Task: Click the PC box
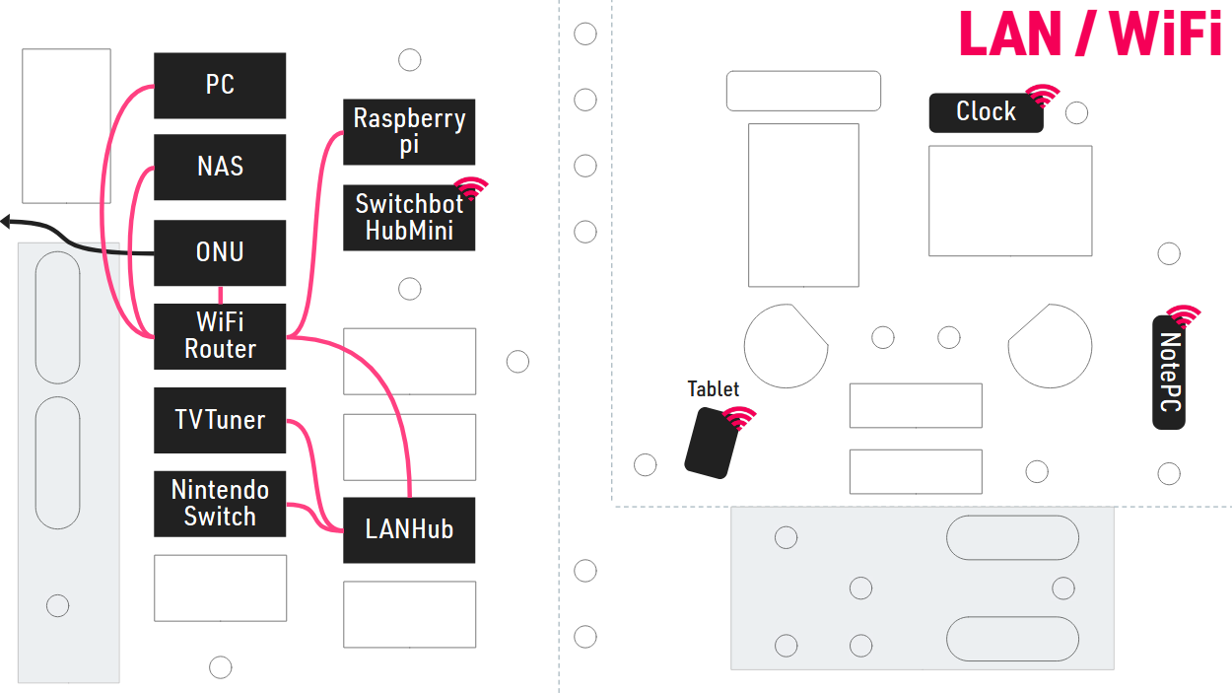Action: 220,86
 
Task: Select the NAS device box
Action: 220,167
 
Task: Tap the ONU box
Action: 220,252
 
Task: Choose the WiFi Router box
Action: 220,336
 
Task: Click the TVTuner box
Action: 220,421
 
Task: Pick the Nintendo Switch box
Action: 220,504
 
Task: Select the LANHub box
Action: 409,530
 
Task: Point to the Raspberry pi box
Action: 409,132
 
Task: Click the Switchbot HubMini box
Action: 409,218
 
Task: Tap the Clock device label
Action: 986,112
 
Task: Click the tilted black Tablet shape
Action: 714,444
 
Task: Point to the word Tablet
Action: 714,389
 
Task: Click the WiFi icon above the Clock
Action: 1043,96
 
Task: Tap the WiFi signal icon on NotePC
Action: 1184,316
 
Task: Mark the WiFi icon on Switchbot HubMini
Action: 471,188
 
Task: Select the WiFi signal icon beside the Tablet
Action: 739,417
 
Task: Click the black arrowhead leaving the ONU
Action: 5,221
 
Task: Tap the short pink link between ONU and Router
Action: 220,295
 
